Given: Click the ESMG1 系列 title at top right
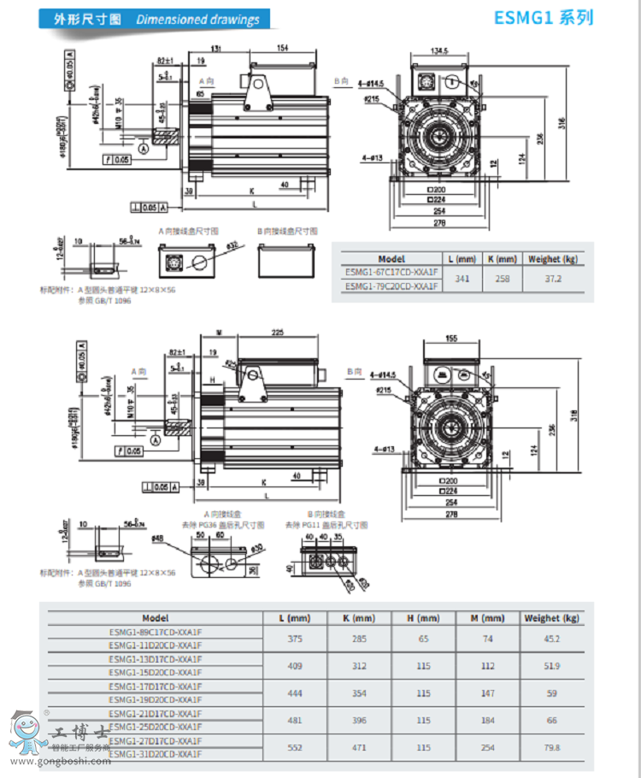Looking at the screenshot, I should [544, 18].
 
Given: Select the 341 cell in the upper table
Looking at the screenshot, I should [462, 279].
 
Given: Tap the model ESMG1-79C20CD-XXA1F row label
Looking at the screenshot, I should [391, 286].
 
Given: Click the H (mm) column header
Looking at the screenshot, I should [423, 617].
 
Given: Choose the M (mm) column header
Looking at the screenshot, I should [487, 617].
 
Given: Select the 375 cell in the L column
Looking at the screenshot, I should [295, 639].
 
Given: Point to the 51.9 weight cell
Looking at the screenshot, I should [552, 665].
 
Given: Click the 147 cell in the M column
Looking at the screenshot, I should [487, 693].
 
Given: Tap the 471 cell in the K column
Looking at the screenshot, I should [359, 747].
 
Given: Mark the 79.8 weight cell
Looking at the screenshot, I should [552, 747].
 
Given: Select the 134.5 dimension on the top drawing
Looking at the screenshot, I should [439, 50].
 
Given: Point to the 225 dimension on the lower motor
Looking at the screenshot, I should [278, 333].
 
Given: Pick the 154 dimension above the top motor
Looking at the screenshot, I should [283, 49].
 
